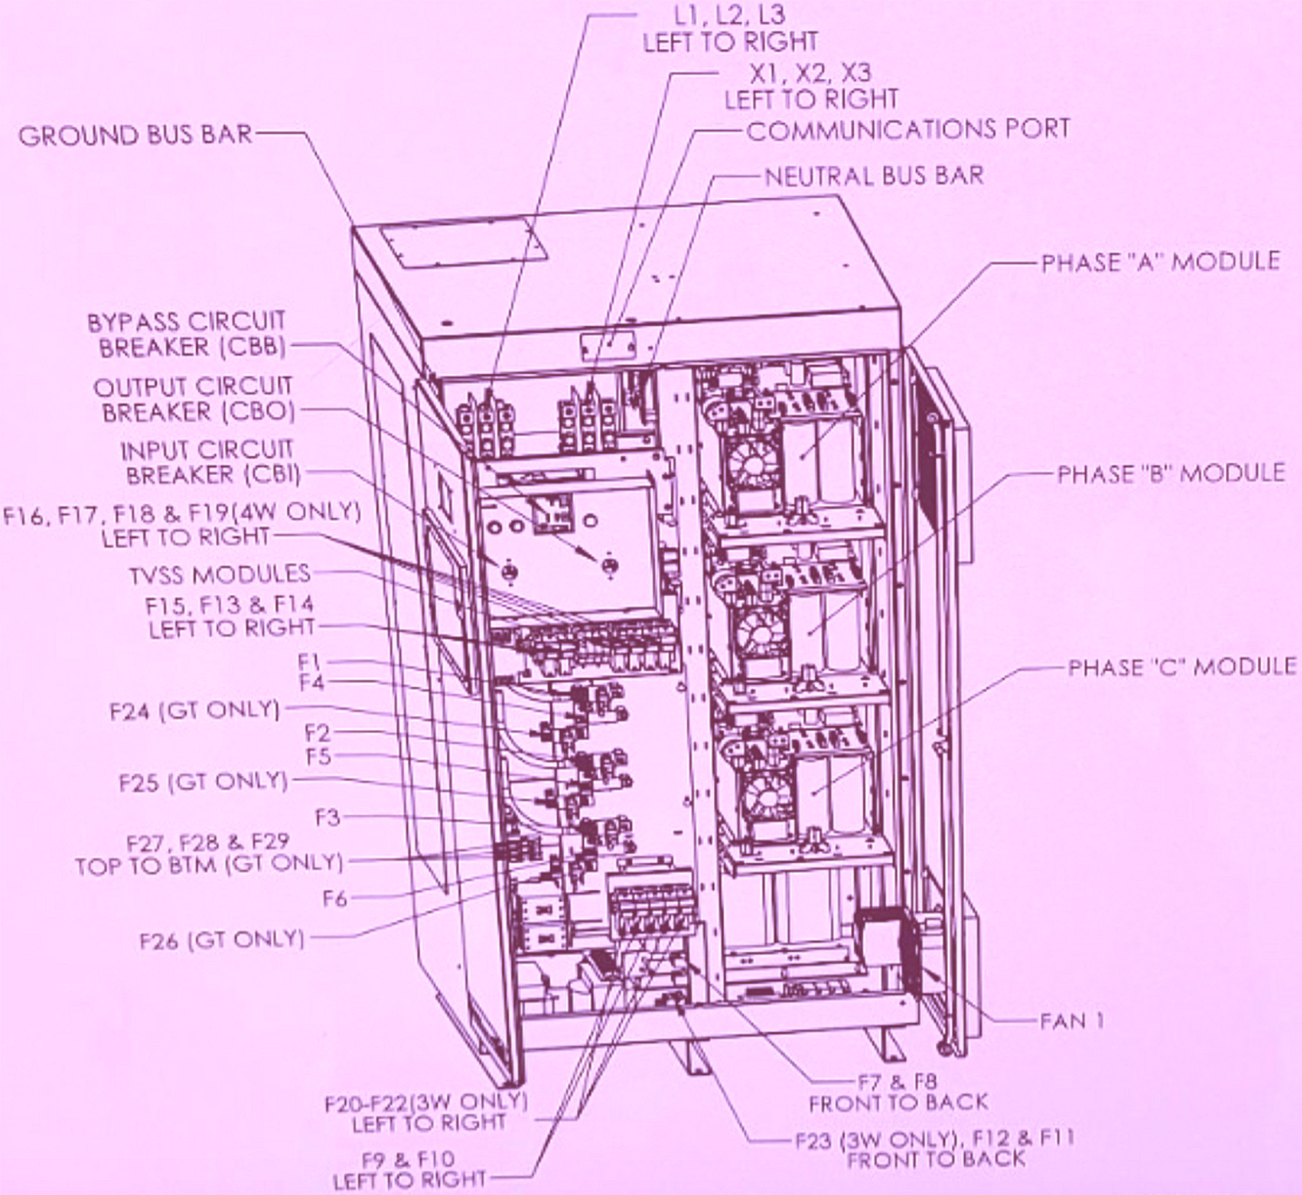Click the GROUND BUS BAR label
pyautogui.click(x=136, y=135)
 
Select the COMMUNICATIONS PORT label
pyautogui.click(x=908, y=130)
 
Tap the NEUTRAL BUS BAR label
pyautogui.click(x=874, y=176)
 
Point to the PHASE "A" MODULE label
pyautogui.click(x=1160, y=262)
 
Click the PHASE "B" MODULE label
pyautogui.click(x=1170, y=474)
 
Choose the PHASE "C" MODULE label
pyautogui.click(x=1182, y=667)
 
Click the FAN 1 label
pyautogui.click(x=1071, y=1021)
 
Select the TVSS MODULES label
pyautogui.click(x=219, y=574)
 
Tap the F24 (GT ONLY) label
pyautogui.click(x=194, y=710)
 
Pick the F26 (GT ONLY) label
pyautogui.click(x=221, y=940)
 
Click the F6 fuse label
pyautogui.click(x=335, y=898)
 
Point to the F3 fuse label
pyautogui.click(x=327, y=817)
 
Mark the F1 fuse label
pyautogui.click(x=310, y=662)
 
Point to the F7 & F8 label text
pyautogui.click(x=897, y=1081)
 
